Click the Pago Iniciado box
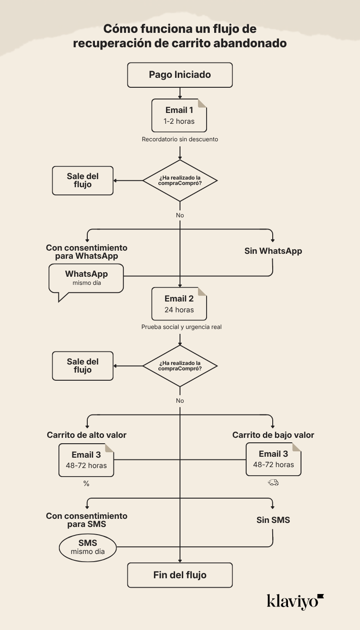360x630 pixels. coord(180,75)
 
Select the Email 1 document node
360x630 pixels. coord(179,115)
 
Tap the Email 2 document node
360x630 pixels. coord(179,304)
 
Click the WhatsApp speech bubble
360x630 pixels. coord(86,279)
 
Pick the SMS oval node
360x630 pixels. coord(88,547)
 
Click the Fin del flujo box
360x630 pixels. coord(180,575)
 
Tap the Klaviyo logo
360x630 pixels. coord(295,601)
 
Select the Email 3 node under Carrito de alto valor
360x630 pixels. coord(86,460)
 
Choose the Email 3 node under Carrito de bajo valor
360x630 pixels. coord(273,459)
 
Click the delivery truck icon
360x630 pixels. coord(273,482)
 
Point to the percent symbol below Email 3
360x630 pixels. coord(86,484)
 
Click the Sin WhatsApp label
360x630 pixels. coord(273,251)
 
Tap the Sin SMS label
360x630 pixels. coord(273,520)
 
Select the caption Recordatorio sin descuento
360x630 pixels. coord(180,139)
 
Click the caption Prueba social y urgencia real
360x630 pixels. coord(181,327)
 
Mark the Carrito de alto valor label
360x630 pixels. coord(86,435)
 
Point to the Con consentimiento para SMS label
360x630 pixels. coord(86,520)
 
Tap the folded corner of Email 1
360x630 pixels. coord(202,103)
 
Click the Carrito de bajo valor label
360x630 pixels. coord(273,435)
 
